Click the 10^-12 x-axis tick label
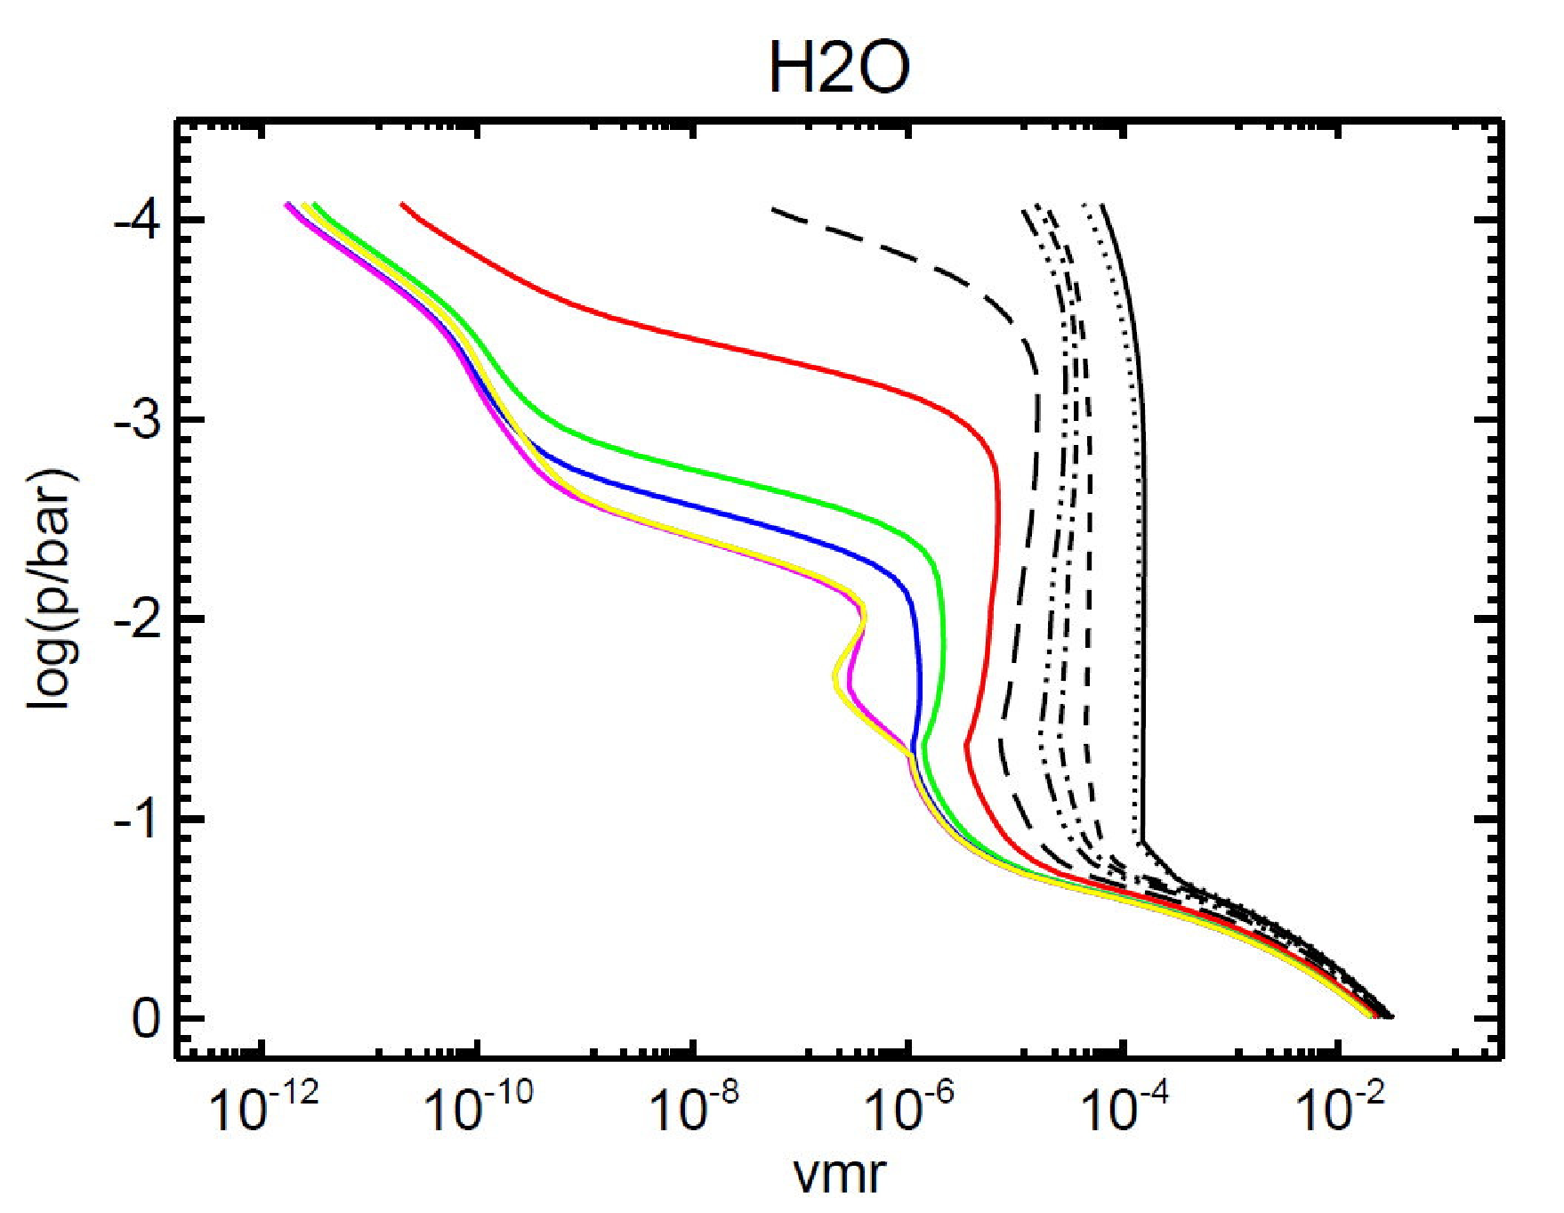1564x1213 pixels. click(x=262, y=1106)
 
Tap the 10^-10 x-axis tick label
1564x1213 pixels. click(x=478, y=1106)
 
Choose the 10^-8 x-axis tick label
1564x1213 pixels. click(x=694, y=1106)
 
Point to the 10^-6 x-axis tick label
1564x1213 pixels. click(x=909, y=1106)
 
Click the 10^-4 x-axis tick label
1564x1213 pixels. click(x=1125, y=1106)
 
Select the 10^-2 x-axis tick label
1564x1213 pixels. click(x=1340, y=1106)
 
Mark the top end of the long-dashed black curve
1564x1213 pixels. click(x=771, y=208)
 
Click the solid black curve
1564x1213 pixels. click(x=1144, y=534)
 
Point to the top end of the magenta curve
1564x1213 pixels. click(x=286, y=204)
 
